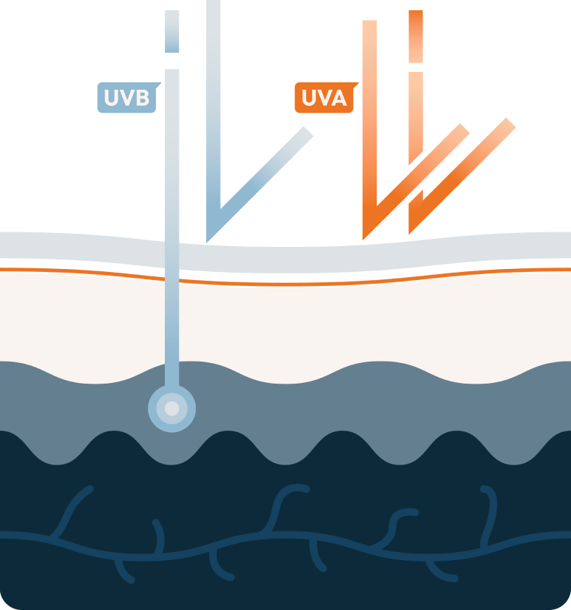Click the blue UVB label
coord(127,98)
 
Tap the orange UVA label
coord(324,98)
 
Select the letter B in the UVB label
coord(142,98)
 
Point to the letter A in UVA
coord(338,98)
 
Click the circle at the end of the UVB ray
coord(171,408)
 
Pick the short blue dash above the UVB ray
coord(171,31)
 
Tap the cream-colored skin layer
coord(331,323)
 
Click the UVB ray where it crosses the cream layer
coord(171,323)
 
